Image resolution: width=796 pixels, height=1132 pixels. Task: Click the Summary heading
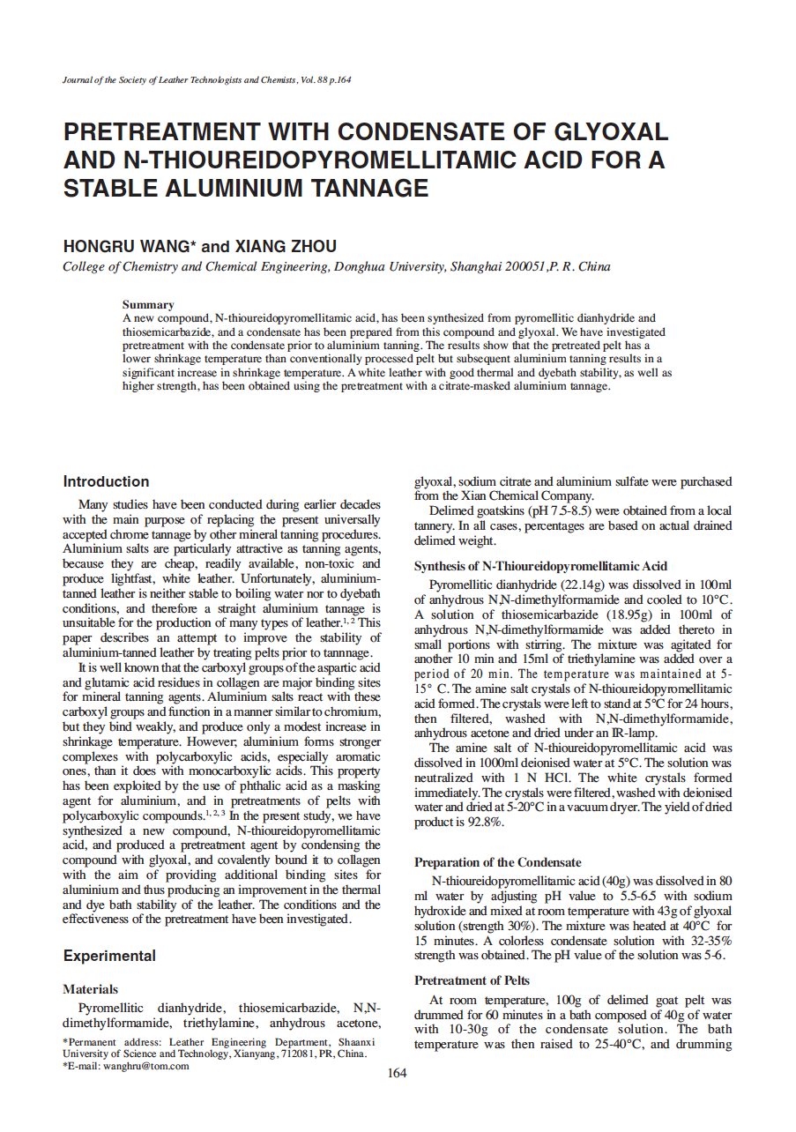point(148,304)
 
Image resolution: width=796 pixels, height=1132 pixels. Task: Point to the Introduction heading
point(106,481)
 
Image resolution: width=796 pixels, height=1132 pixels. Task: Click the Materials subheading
point(90,989)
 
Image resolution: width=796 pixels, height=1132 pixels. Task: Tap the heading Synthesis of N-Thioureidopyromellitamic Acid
point(540,566)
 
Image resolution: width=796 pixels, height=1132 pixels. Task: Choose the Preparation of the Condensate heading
point(497,862)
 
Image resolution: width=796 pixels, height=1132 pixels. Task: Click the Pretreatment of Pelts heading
point(472,980)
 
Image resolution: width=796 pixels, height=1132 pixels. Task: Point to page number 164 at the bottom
point(398,1073)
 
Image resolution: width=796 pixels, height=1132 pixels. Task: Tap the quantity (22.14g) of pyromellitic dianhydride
point(589,585)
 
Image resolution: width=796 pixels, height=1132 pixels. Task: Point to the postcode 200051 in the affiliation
point(519,266)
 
